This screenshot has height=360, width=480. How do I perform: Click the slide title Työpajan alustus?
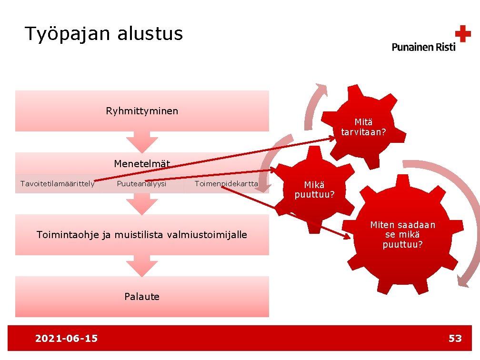(103, 34)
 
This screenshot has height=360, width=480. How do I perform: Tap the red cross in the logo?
(462, 34)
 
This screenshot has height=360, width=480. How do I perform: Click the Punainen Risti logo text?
(423, 47)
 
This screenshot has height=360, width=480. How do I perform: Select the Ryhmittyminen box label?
(142, 111)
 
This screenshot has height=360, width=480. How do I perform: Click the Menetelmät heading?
(142, 164)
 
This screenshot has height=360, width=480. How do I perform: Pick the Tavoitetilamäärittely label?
(57, 184)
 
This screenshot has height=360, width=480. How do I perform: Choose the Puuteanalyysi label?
(141, 184)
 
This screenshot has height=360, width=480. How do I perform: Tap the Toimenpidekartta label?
(226, 184)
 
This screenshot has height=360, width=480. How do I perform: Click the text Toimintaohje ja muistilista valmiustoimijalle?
(142, 234)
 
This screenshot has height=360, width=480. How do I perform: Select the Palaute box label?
(142, 297)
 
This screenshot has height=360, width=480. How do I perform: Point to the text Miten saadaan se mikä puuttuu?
(403, 235)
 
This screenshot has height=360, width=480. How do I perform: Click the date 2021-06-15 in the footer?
(66, 339)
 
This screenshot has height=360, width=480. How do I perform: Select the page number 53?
(455, 339)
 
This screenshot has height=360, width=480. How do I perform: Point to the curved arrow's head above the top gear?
(320, 89)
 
